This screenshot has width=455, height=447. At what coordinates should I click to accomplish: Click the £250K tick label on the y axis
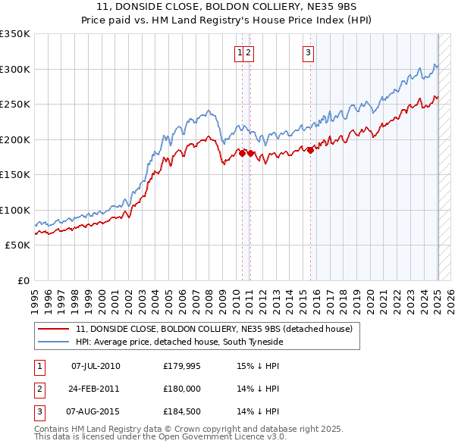click(15, 104)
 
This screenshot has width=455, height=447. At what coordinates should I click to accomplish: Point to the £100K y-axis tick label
click(15, 210)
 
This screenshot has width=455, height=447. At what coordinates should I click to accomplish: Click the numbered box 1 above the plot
click(240, 52)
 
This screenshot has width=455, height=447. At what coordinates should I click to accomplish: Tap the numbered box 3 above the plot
click(309, 52)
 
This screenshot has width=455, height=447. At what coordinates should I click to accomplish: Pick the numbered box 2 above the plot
click(249, 52)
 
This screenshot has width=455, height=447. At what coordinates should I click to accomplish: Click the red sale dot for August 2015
click(310, 149)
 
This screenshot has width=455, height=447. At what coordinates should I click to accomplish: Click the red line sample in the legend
click(53, 330)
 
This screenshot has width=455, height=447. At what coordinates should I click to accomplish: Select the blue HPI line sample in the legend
click(53, 342)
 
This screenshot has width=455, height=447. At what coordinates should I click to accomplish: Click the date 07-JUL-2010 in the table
click(96, 366)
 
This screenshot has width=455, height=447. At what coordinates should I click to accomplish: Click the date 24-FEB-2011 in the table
click(96, 389)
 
